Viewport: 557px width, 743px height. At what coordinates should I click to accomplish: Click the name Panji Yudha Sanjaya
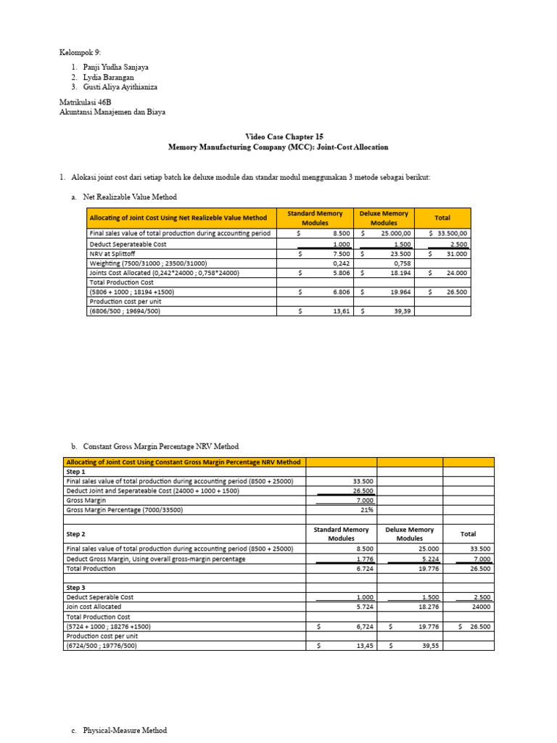tap(117, 67)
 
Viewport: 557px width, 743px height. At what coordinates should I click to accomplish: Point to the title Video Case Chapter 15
tap(278, 136)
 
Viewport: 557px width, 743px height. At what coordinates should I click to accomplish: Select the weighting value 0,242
tap(341, 263)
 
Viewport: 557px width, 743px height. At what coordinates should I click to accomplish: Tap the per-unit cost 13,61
tap(339, 311)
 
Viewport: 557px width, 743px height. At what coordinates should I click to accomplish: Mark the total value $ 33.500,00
tap(448, 234)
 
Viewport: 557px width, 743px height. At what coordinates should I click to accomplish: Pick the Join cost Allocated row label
tap(94, 607)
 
